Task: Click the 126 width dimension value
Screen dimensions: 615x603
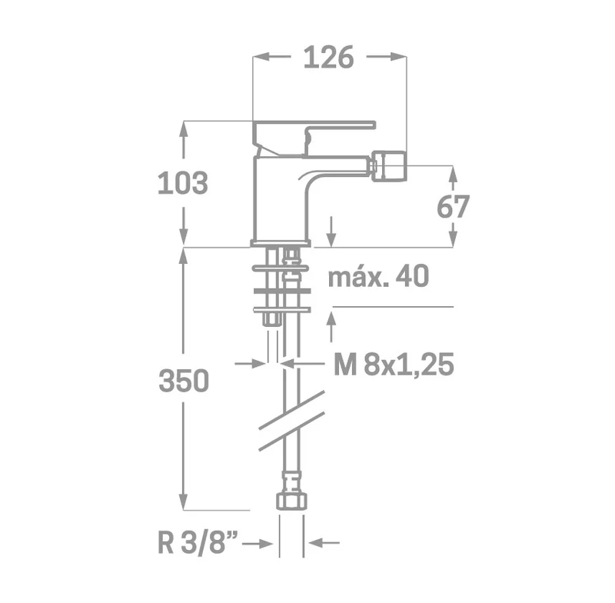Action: (329, 57)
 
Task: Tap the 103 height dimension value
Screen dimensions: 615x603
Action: (183, 183)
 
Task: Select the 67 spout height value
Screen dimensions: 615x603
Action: (453, 206)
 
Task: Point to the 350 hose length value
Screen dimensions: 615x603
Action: (184, 381)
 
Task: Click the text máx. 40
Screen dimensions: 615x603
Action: (378, 276)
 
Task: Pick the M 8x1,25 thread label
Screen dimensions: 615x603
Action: (394, 365)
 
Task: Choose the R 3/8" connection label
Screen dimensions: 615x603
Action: (198, 543)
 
